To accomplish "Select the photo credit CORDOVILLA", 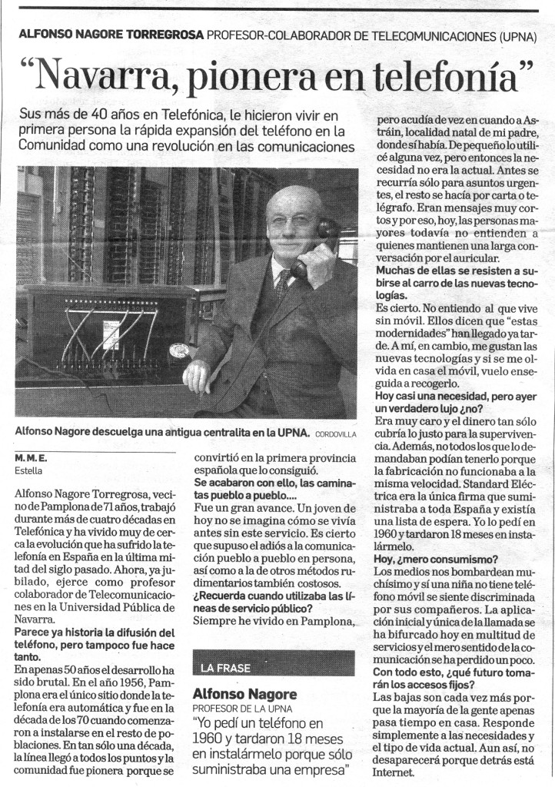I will click(335, 434).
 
